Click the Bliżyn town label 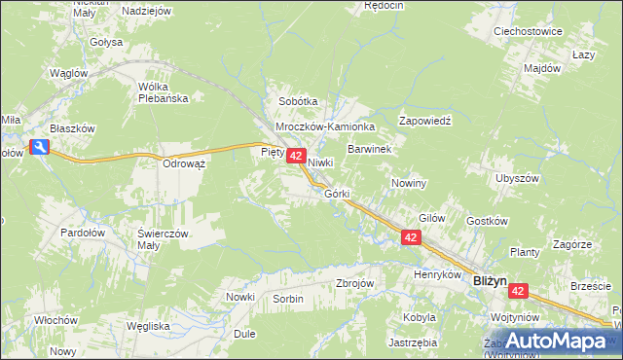[x=490, y=280]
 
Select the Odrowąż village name [x=184, y=163]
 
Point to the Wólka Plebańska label [x=168, y=91]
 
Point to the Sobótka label [x=299, y=101]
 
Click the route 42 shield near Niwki [x=298, y=156]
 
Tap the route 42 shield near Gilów [x=411, y=238]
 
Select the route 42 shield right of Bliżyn [x=518, y=291]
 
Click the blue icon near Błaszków [x=39, y=147]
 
